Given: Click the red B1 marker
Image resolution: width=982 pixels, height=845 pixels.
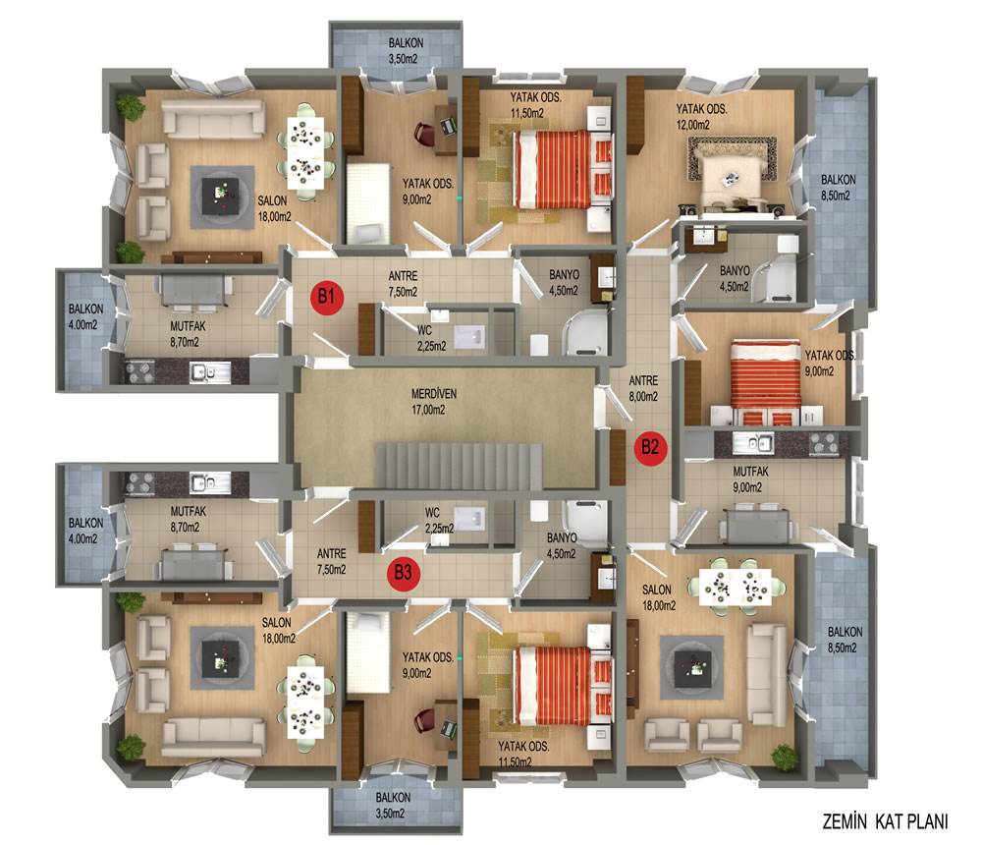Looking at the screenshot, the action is click(327, 297).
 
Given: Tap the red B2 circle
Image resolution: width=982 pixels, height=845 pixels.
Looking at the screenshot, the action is click(650, 448).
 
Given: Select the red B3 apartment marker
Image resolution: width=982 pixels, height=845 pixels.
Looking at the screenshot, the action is click(403, 573).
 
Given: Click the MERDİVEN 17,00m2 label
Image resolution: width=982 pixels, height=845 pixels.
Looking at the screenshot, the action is click(433, 402).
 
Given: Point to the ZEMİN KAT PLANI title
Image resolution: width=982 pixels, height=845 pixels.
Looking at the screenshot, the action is click(885, 821).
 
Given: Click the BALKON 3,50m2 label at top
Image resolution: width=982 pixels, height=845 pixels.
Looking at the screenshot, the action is click(406, 51).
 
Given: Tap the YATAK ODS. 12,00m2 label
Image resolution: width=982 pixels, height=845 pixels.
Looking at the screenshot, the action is click(701, 117).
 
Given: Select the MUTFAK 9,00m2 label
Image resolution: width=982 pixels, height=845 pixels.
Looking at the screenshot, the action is click(750, 479).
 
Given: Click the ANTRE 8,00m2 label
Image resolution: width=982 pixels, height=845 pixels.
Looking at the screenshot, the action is click(643, 388).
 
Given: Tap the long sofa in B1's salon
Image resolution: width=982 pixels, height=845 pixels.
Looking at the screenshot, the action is click(213, 118).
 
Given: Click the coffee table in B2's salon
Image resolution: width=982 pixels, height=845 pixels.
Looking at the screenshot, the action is click(691, 667).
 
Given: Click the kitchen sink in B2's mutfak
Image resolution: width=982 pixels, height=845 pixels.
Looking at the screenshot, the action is click(753, 443).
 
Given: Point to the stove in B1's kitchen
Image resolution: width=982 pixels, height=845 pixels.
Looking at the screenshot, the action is click(140, 371).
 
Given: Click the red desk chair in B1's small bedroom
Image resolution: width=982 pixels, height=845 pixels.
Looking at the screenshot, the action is click(424, 135).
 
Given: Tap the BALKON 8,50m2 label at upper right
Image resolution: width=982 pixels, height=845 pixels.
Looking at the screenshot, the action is click(838, 188).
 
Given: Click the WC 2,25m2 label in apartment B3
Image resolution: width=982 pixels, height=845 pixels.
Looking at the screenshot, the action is click(438, 521).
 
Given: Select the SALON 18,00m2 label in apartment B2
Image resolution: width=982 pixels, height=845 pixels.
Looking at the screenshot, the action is click(658, 597).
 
